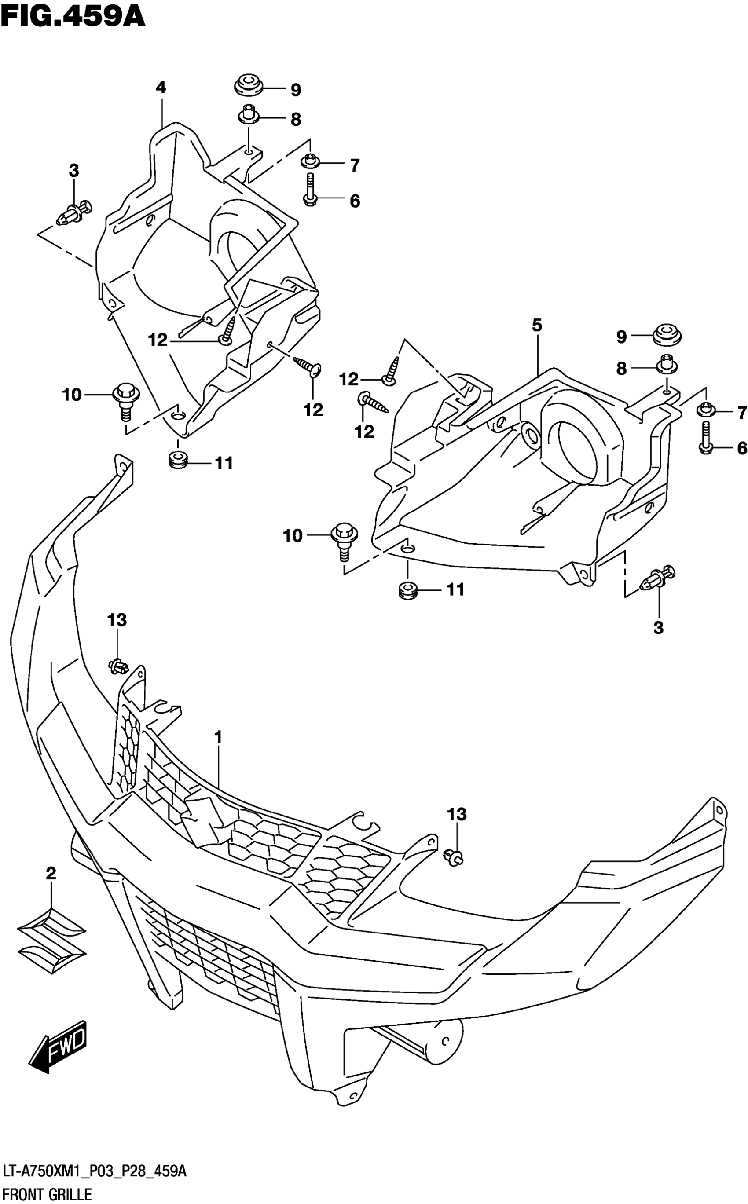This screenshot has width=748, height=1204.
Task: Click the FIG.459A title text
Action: (x=73, y=16)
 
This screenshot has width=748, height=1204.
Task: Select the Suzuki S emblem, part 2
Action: (x=51, y=941)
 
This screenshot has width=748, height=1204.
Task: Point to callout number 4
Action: (x=160, y=88)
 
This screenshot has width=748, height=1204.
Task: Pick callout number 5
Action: (x=537, y=326)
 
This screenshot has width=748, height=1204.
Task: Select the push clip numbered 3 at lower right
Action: (x=657, y=578)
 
